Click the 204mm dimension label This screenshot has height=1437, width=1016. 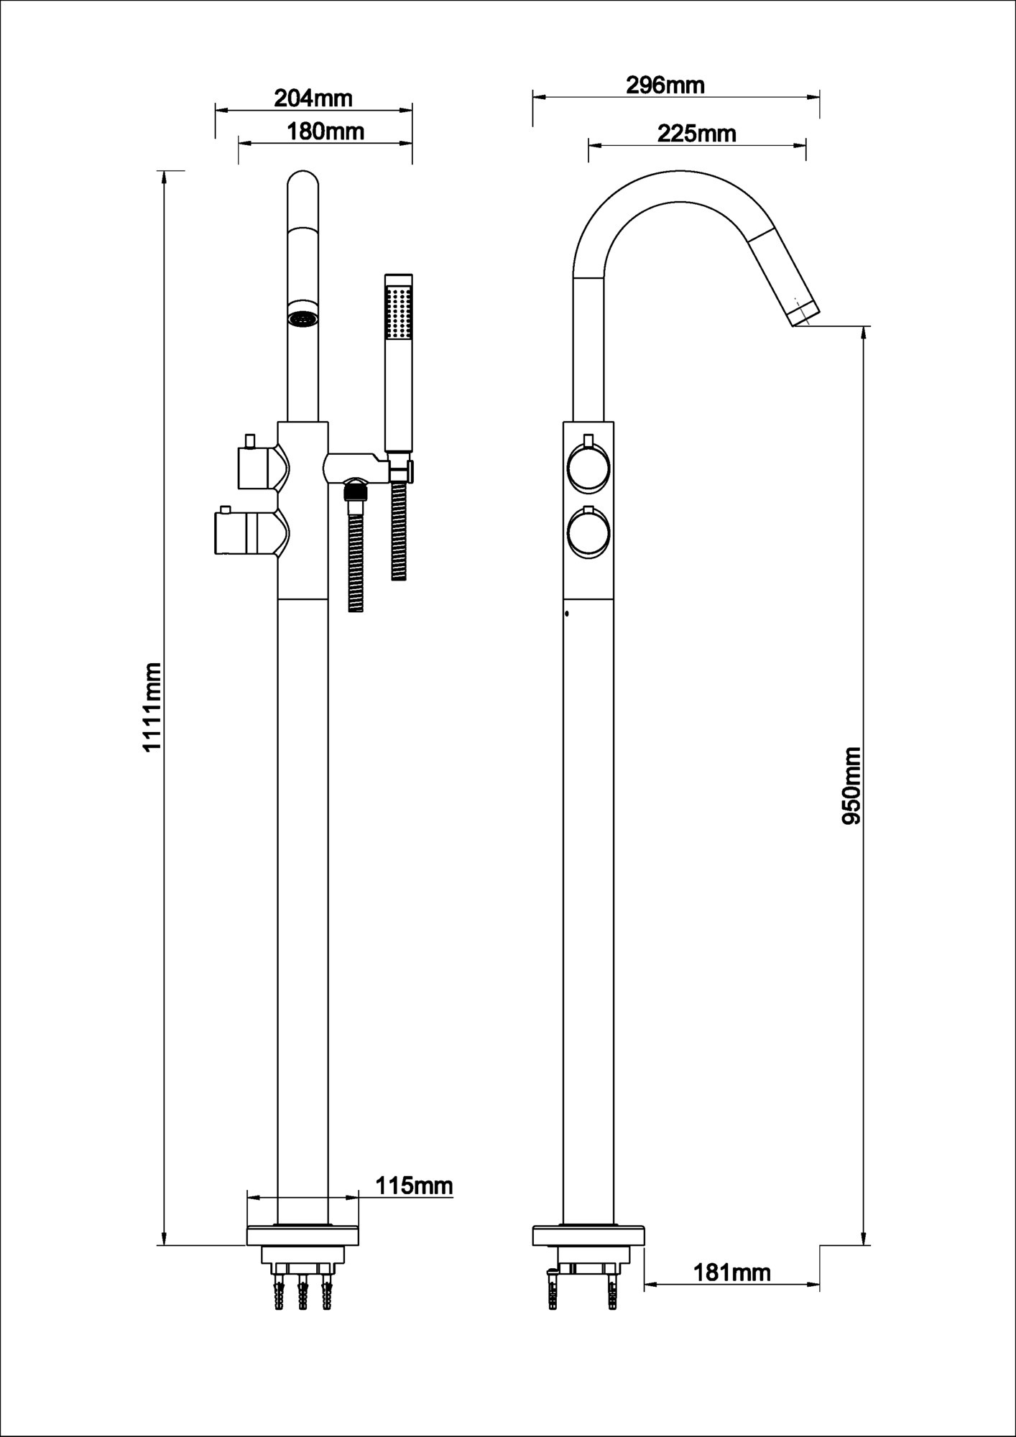313,98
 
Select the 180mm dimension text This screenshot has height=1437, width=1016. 325,131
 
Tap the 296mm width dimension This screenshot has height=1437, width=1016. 665,86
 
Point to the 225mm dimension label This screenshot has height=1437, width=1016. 696,133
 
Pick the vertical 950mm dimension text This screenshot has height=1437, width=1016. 851,786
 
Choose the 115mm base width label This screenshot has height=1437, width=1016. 415,1186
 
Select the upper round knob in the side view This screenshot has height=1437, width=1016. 588,469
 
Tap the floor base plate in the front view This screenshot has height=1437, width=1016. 303,1236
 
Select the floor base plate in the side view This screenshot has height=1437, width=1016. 588,1236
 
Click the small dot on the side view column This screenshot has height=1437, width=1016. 567,614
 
